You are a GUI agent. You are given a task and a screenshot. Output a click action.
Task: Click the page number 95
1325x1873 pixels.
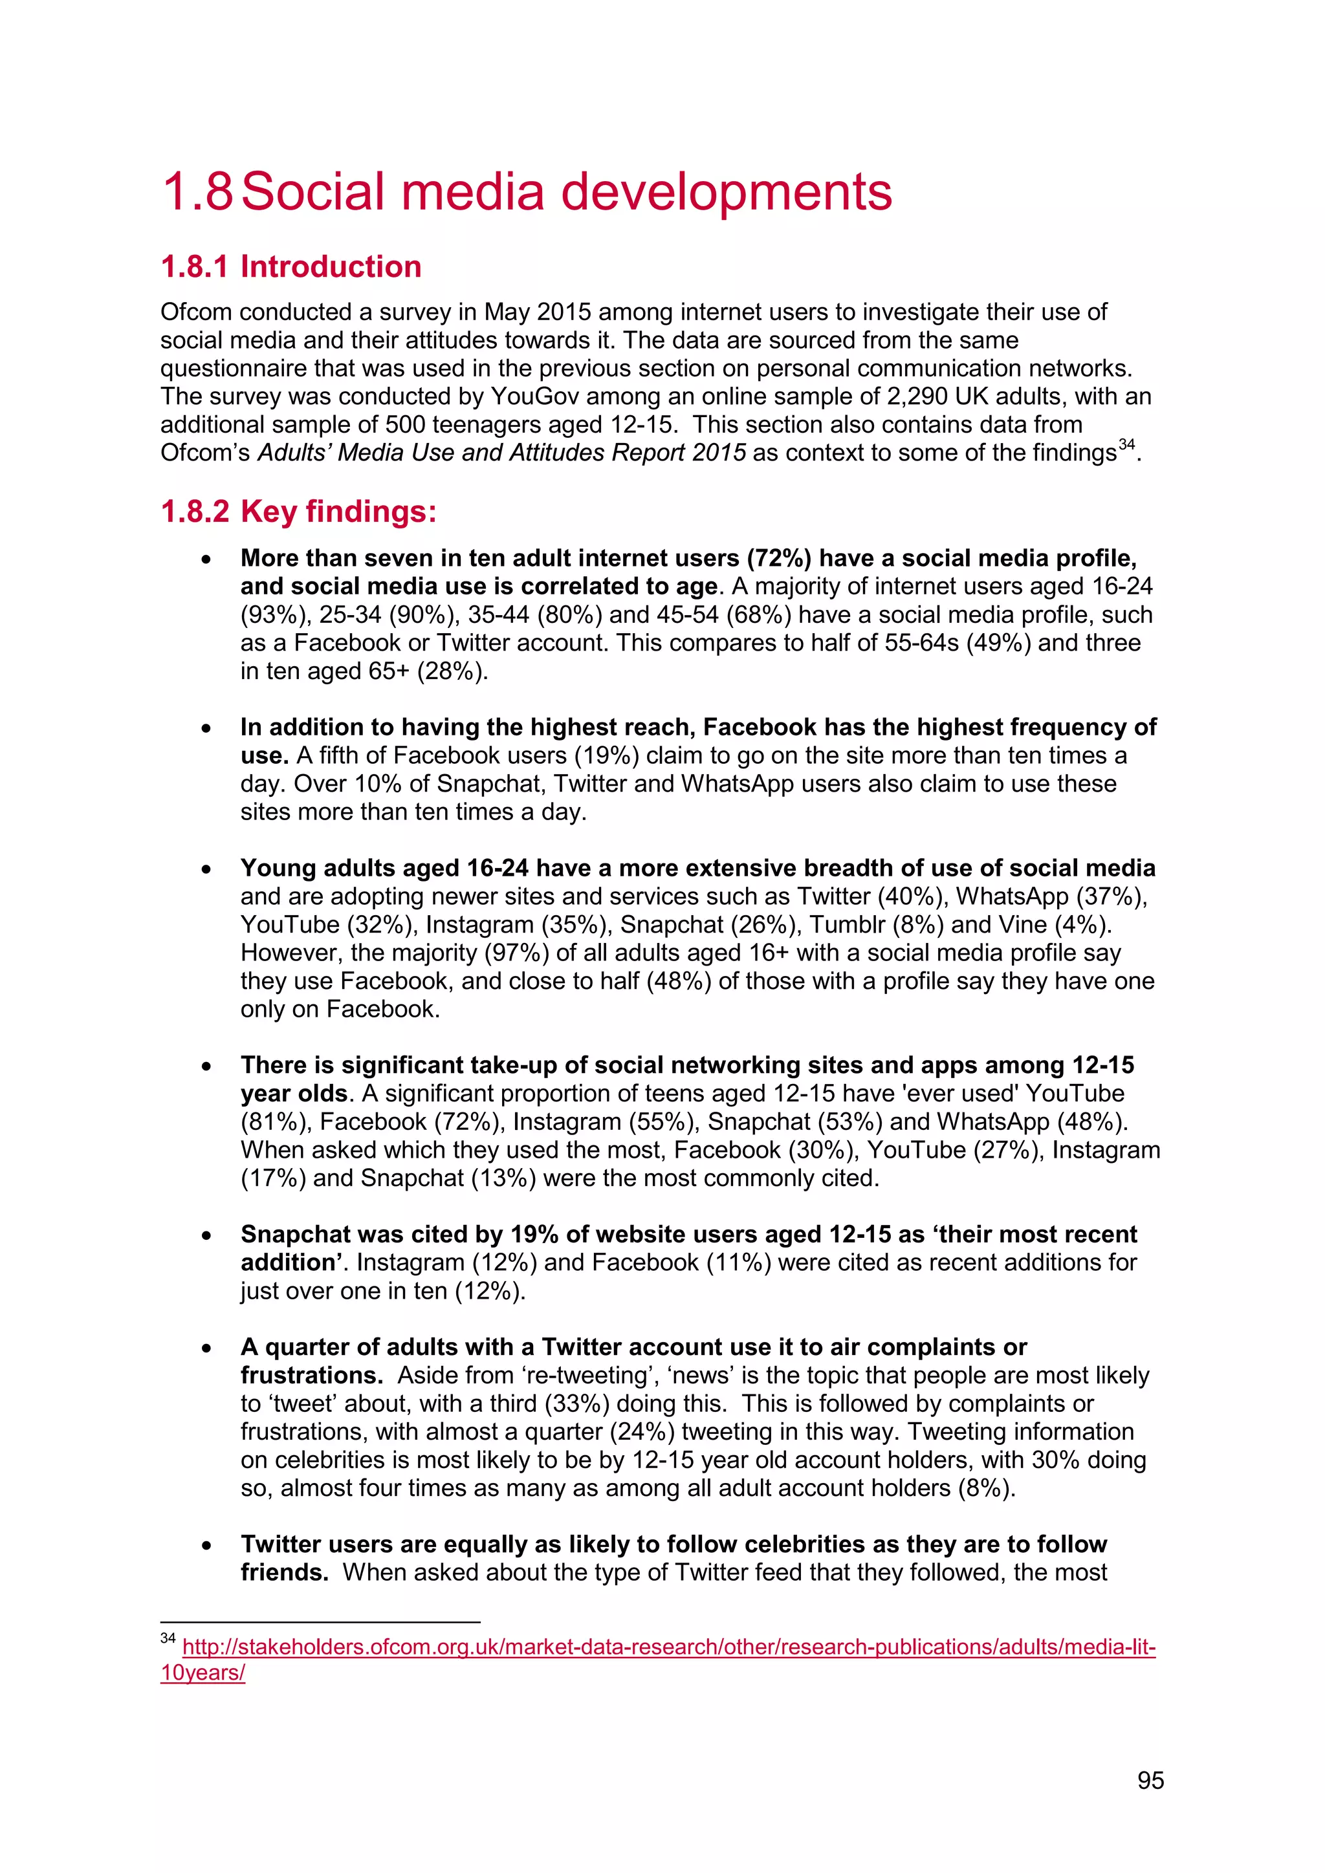(x=1150, y=1780)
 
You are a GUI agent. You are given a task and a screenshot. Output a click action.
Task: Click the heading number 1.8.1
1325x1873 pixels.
(x=194, y=266)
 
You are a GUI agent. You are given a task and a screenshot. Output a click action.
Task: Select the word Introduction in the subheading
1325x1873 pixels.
(x=331, y=266)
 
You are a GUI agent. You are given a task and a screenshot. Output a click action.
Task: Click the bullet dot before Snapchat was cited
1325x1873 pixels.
(x=206, y=1236)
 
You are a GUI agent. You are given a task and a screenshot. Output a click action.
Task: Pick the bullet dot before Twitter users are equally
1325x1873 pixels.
(x=206, y=1546)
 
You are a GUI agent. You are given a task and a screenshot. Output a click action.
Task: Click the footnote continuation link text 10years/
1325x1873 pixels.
(x=203, y=1673)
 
